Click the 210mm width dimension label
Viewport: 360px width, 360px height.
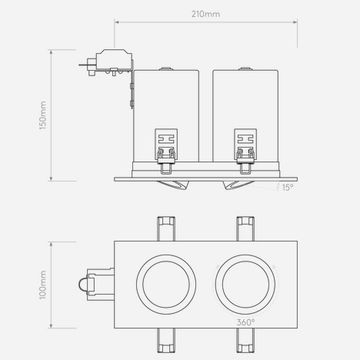pyautogui.click(x=206, y=14)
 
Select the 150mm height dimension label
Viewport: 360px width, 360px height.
pyautogui.click(x=43, y=115)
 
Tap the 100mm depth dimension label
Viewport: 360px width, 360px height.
pyautogui.click(x=43, y=285)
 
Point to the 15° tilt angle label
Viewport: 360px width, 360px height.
pyautogui.click(x=288, y=188)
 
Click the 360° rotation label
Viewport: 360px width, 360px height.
pyautogui.click(x=246, y=322)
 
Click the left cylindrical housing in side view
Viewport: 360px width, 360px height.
pyautogui.click(x=166, y=116)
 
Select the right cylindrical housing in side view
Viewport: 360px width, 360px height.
pyautogui.click(x=245, y=116)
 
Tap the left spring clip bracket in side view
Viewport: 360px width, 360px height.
pyautogui.click(x=166, y=151)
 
